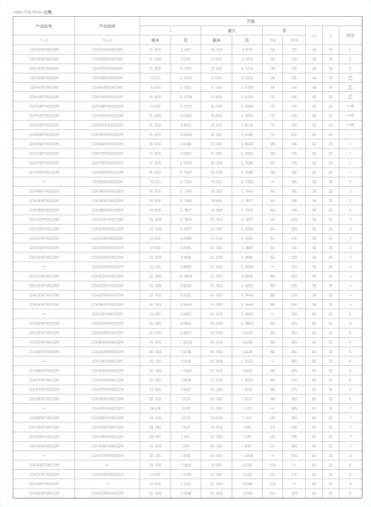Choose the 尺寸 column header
[x=350, y=35]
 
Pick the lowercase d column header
[x=331, y=35]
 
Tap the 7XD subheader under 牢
[x=272, y=40]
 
